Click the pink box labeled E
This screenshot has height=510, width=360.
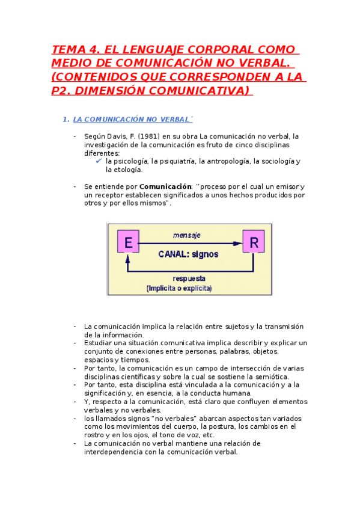127,242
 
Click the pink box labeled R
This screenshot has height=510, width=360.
254,242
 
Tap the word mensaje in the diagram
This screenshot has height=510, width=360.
186,235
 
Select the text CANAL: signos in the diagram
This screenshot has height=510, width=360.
188,254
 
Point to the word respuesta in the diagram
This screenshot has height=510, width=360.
189,278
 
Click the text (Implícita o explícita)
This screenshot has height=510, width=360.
179,289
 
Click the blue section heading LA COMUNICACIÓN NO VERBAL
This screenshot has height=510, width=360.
130,120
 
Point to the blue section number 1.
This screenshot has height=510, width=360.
66,120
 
